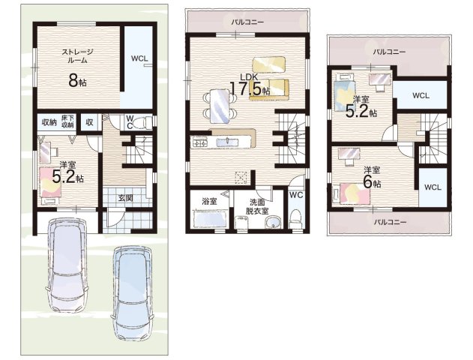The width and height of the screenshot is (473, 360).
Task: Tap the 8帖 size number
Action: click(x=77, y=80)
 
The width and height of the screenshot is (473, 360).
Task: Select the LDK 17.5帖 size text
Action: click(x=250, y=87)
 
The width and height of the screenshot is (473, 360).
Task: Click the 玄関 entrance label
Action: click(x=125, y=198)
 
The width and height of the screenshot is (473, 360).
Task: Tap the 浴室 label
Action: click(x=209, y=202)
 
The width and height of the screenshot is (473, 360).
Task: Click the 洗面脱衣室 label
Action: click(x=257, y=207)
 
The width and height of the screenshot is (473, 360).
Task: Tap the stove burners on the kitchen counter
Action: click(x=199, y=142)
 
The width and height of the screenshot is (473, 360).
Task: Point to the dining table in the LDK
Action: click(x=220, y=106)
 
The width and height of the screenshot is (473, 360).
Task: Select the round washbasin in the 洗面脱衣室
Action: click(x=273, y=223)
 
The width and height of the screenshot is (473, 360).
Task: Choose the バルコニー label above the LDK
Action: click(x=247, y=22)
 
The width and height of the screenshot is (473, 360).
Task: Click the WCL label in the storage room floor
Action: click(x=139, y=58)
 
